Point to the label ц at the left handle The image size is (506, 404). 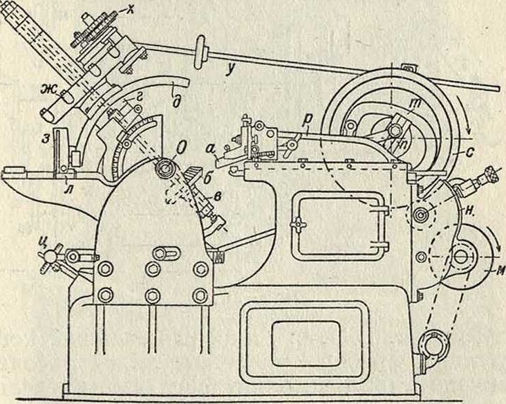point(46,242)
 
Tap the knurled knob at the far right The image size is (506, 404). point(492,171)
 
